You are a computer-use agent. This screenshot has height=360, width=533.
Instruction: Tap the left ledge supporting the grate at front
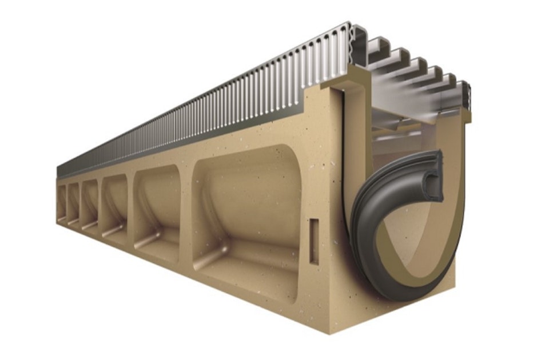337,86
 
